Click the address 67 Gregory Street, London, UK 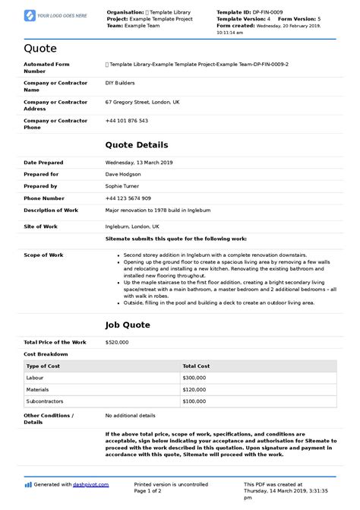[x=143, y=101]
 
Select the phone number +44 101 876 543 [x=127, y=121]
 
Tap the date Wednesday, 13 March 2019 [x=140, y=163]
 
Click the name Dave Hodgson [x=123, y=174]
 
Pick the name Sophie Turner [x=123, y=186]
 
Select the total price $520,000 [x=117, y=342]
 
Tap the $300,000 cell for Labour [x=195, y=377]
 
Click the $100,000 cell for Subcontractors [x=195, y=401]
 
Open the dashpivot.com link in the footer [x=92, y=484]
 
